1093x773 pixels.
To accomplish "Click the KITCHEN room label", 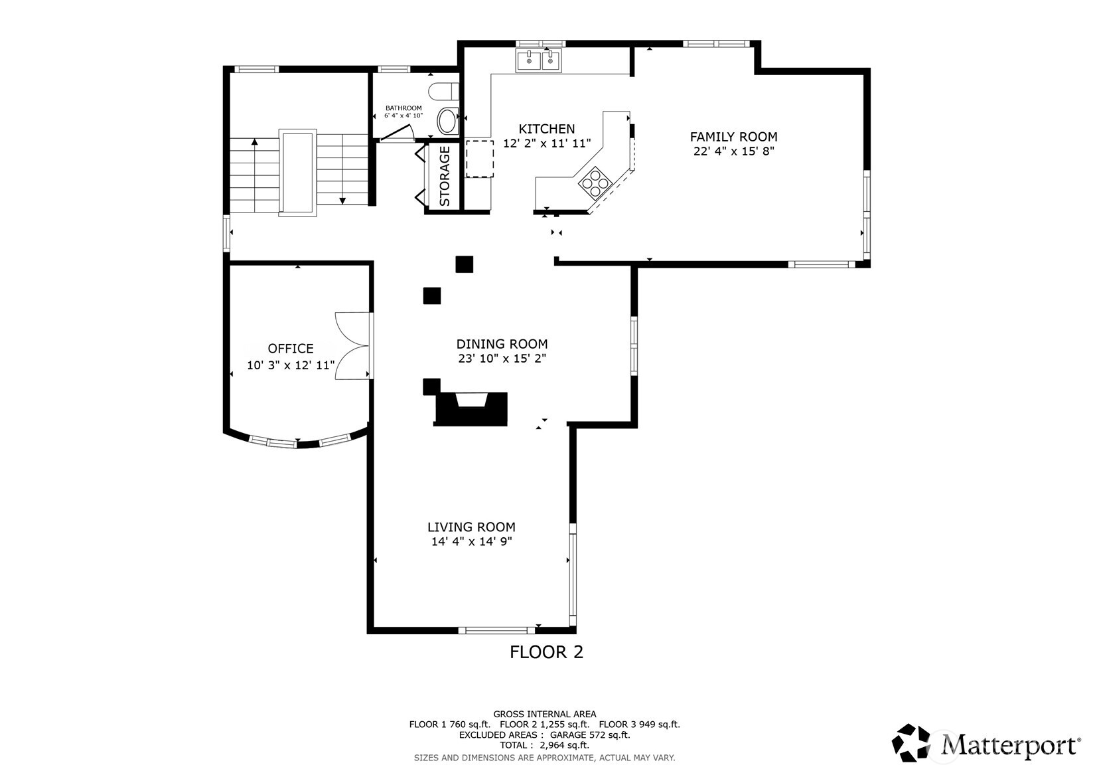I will tap(546, 129).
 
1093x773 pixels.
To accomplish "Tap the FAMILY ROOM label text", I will tap(733, 137).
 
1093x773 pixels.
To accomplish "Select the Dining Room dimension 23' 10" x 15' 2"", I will tap(501, 359).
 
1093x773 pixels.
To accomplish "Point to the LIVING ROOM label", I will tap(471, 527).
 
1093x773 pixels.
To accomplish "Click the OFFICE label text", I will tap(291, 349).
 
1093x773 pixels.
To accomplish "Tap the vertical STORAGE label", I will tap(445, 176).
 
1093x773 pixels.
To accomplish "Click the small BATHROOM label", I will tap(403, 108).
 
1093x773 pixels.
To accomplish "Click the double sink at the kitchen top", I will tap(539, 60).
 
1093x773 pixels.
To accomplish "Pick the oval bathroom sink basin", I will tap(448, 122).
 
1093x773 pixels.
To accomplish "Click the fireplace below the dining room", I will tap(471, 408).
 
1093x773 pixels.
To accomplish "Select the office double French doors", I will tap(352, 345).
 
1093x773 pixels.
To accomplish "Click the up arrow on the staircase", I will tap(254, 143).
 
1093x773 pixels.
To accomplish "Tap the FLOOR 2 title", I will tap(546, 652).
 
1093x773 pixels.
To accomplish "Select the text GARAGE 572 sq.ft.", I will tap(590, 735).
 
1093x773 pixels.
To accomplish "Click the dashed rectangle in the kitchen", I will tap(479, 159).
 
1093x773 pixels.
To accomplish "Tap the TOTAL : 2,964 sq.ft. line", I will tap(544, 745).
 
